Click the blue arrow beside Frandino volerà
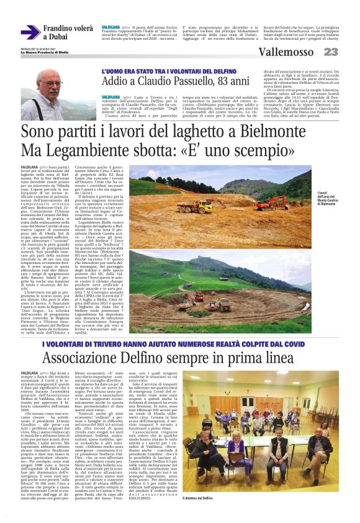(x=30, y=32)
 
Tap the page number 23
(x=331, y=52)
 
